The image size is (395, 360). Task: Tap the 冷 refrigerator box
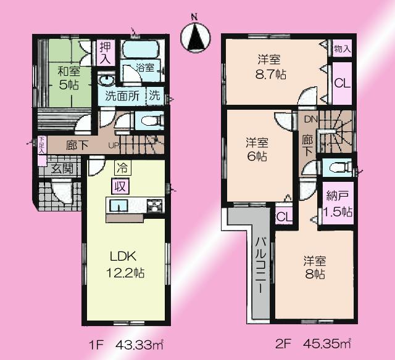pos(120,166)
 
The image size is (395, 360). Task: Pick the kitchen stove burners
pos(154,206)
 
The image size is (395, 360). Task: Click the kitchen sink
pos(119,206)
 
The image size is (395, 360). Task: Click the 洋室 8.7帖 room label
pos(270,67)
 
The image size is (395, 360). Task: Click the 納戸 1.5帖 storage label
pos(338,204)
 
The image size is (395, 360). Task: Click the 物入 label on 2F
pos(343,48)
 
